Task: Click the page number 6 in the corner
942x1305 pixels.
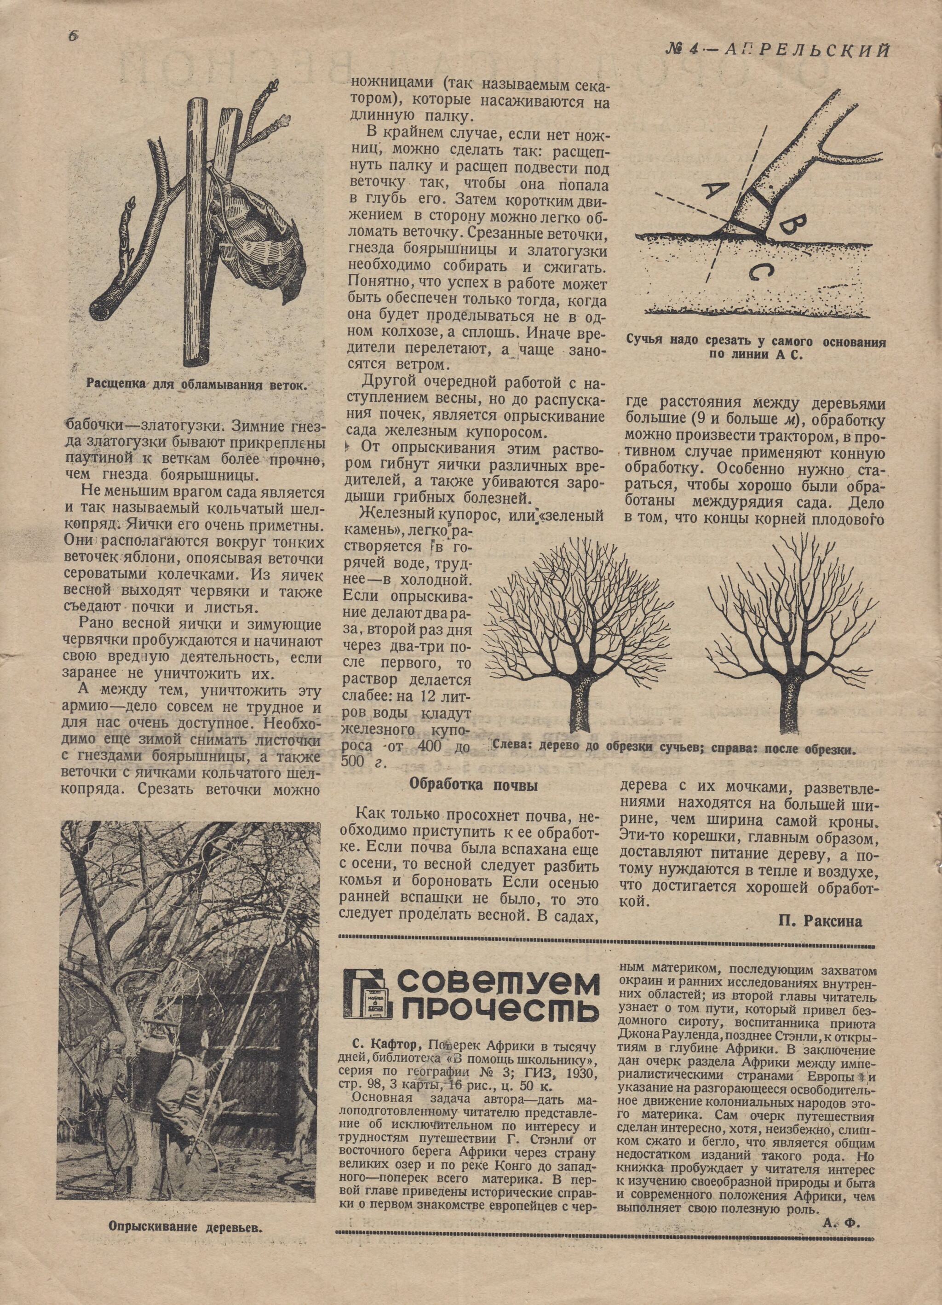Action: point(74,36)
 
